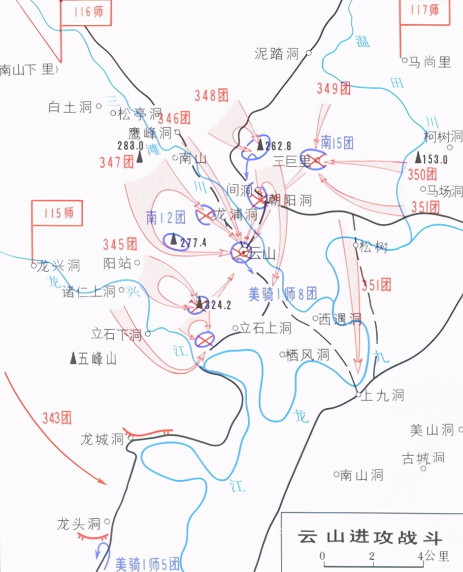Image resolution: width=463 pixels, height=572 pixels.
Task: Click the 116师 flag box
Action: coord(86,12)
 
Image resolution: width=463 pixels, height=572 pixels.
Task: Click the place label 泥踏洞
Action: coord(277,53)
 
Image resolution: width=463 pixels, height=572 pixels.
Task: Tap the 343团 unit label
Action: coord(57,418)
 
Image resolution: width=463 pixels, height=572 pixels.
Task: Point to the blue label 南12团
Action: coord(165,217)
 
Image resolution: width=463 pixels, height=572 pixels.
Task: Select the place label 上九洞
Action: coord(382,395)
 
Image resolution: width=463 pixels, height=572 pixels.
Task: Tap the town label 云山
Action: coord(263,253)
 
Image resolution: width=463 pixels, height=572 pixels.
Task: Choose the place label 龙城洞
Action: coord(102,439)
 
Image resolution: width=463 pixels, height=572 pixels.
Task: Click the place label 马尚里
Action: coord(430,62)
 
